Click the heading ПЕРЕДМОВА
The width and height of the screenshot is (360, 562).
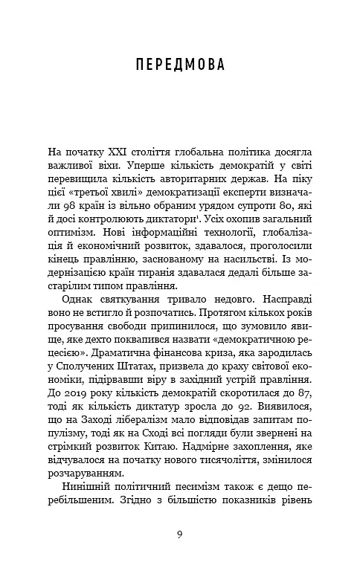tap(179, 65)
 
